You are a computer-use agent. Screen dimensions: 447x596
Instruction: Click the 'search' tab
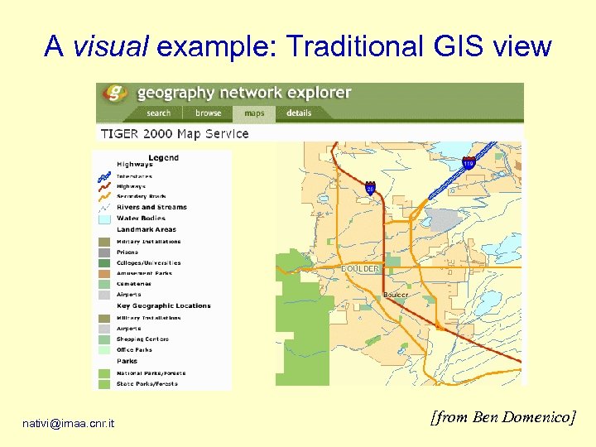point(158,113)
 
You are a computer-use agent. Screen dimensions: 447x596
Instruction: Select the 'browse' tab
point(208,113)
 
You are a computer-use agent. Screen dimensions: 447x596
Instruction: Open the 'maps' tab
point(254,113)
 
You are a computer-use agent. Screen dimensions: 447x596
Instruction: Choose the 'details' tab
point(299,113)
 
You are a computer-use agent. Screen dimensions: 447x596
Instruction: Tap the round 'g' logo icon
point(118,93)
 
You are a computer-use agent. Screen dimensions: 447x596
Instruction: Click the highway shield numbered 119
point(469,164)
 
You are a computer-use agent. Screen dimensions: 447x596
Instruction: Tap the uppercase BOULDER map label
point(360,269)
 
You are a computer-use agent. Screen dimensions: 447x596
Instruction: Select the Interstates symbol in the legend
point(104,176)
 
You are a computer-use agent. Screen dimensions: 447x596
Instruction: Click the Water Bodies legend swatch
point(104,219)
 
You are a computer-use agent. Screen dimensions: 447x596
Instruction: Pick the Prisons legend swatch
point(104,252)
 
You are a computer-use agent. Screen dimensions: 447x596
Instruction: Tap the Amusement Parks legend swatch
point(104,273)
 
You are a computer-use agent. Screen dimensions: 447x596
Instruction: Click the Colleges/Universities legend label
point(148,263)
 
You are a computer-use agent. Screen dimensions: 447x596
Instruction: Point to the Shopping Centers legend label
point(142,339)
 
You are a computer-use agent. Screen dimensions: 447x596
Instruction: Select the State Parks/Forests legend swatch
point(104,384)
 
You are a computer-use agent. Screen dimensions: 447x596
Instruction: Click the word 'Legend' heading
point(163,157)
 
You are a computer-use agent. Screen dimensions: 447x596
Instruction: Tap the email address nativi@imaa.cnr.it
point(69,425)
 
